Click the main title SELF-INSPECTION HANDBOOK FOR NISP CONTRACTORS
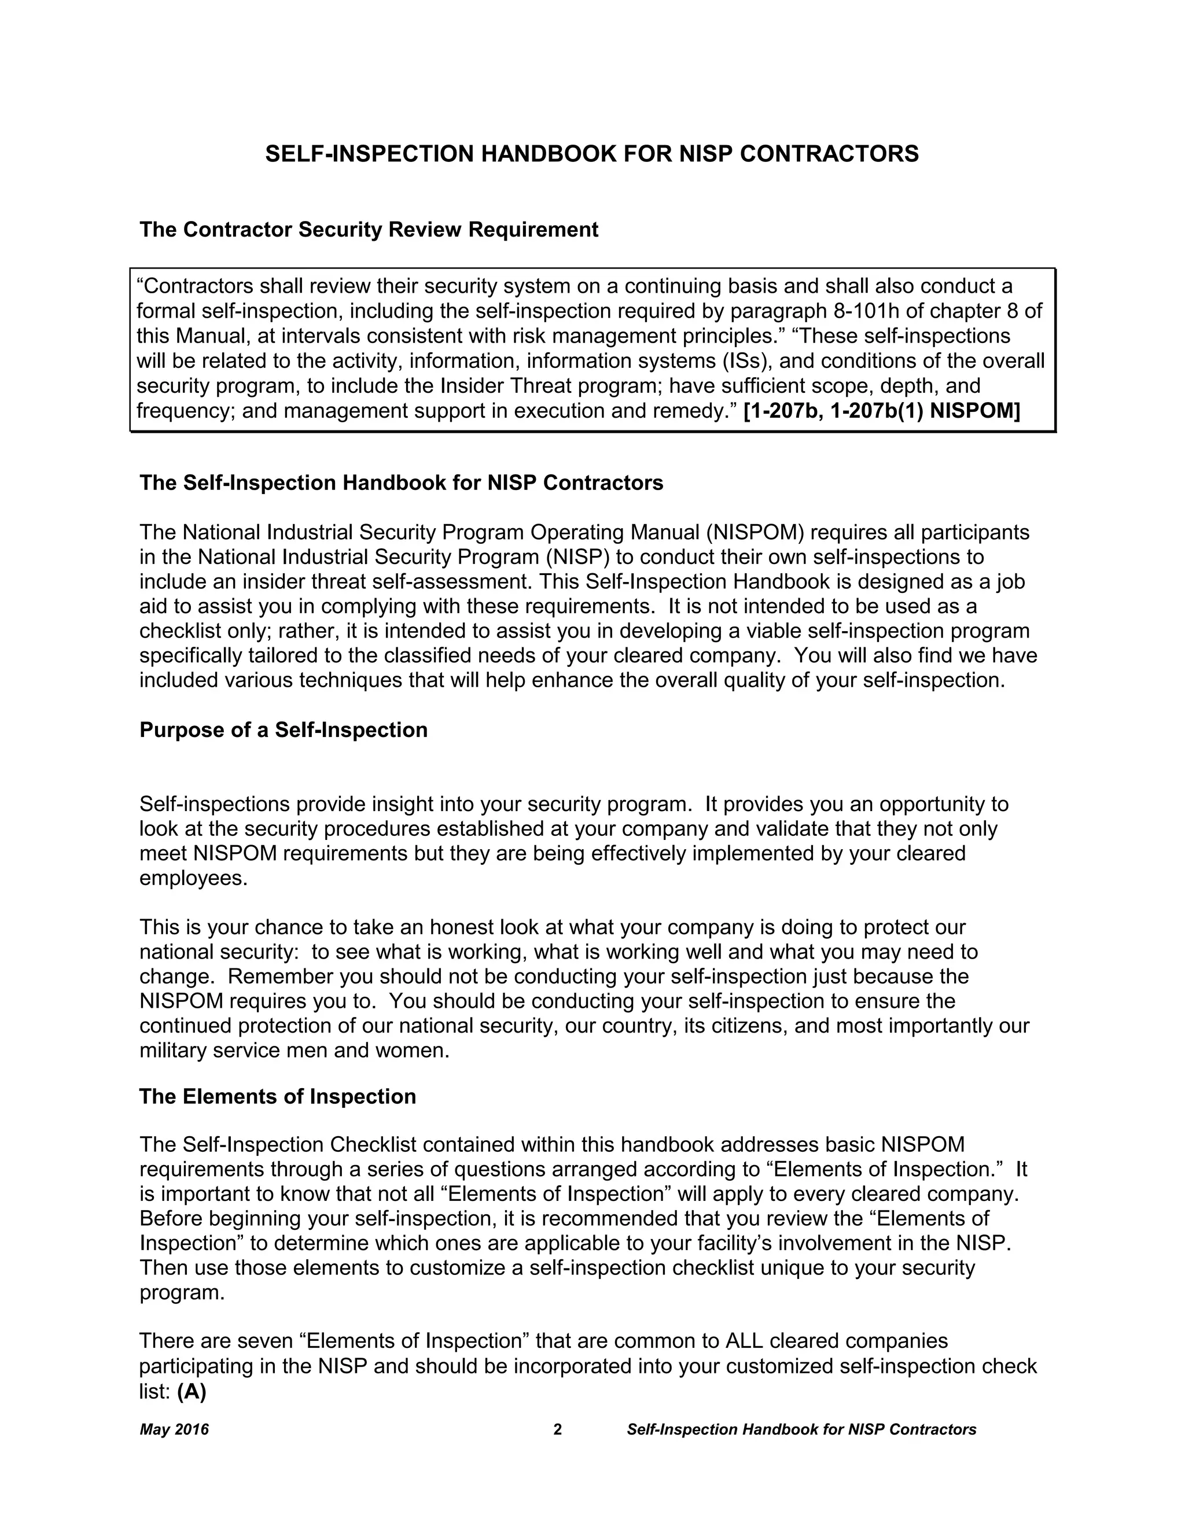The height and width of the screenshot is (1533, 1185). point(592,154)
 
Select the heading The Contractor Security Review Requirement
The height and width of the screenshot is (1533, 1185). point(369,230)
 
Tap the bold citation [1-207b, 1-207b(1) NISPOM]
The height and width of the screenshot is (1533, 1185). point(881,411)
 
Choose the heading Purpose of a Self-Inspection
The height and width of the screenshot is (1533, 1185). point(283,730)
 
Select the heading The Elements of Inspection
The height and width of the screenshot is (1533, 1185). point(277,1096)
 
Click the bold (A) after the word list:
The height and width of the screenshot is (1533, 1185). point(192,1391)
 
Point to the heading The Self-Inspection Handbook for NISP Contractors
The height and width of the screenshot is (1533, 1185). point(401,483)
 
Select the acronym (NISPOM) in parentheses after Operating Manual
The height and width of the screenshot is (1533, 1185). point(754,533)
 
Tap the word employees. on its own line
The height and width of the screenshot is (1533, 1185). point(194,878)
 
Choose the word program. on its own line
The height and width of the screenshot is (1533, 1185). point(182,1293)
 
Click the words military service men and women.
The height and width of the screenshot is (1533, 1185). point(294,1051)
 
